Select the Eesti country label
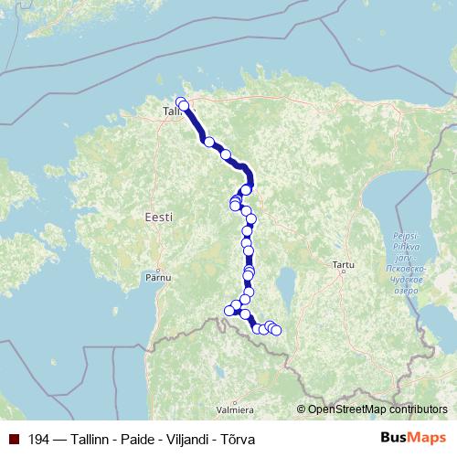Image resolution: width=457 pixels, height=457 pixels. pos(158,217)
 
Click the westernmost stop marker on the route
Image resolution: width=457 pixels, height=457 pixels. pos(229,311)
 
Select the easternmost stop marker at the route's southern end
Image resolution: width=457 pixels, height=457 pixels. pos(276,330)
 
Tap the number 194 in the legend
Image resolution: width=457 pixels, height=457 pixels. pos(38,440)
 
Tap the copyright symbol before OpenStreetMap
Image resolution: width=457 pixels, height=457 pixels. pos(302,409)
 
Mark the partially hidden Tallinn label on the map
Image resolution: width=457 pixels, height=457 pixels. pos(171,111)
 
